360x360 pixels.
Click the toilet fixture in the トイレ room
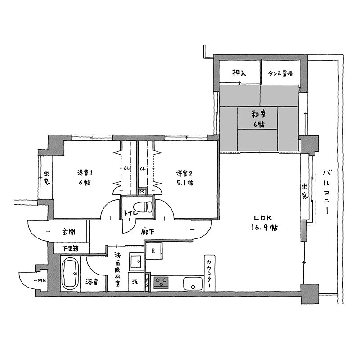coord(143,207)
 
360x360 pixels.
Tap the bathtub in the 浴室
coord(70,273)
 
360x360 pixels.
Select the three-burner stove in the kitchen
coord(161,283)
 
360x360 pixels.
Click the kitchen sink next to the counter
coord(193,283)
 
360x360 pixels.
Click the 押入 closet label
coord(239,73)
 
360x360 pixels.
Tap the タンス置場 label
coord(280,74)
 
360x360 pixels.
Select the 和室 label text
coord(259,114)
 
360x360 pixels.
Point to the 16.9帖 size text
coord(264,228)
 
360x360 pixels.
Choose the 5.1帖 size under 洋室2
coord(185,183)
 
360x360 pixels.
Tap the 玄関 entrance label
coord(69,232)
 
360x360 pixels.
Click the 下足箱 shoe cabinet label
coord(70,248)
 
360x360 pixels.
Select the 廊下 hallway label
coord(148,232)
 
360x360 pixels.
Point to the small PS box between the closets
coord(141,192)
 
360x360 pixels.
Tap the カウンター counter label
coord(209,273)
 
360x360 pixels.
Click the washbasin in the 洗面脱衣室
coord(137,261)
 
